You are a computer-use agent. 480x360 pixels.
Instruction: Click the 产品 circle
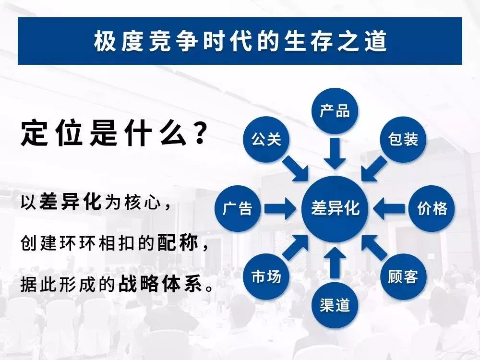point(335,111)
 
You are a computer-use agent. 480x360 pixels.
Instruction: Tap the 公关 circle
point(266,139)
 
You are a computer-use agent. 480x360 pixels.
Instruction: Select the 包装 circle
point(403,139)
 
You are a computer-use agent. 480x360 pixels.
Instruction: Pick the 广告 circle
point(238,208)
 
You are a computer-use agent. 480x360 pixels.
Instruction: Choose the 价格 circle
point(432,208)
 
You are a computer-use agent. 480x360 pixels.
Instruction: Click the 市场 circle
point(266,277)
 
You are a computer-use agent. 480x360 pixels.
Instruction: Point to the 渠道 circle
point(335,305)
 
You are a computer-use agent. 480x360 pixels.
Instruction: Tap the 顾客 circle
point(403,277)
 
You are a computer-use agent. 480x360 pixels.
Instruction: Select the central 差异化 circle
point(335,209)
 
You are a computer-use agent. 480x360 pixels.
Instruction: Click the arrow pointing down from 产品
point(335,153)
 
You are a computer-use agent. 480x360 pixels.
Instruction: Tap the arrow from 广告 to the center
point(280,208)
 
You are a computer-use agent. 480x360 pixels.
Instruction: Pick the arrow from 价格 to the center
point(389,208)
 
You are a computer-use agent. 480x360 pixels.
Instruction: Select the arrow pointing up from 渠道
point(335,263)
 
